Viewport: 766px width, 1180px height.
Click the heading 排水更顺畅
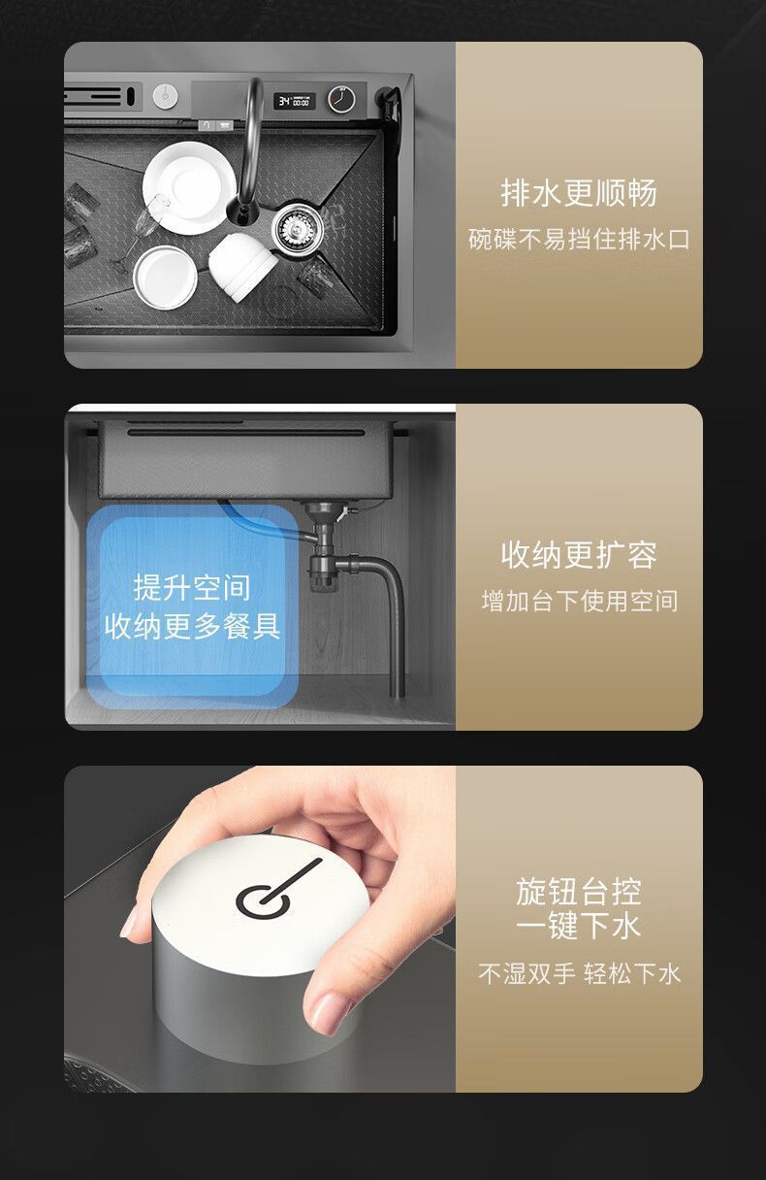pyautogui.click(x=579, y=193)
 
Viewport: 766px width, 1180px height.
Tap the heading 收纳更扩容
pyautogui.click(x=579, y=555)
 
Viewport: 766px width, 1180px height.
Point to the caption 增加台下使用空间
pyautogui.click(x=579, y=602)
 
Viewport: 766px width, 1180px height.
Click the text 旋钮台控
pyautogui.click(x=579, y=890)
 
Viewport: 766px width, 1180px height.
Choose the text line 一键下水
pyautogui.click(x=579, y=926)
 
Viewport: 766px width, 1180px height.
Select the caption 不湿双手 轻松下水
pyautogui.click(x=579, y=973)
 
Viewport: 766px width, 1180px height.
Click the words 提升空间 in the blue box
pyautogui.click(x=192, y=587)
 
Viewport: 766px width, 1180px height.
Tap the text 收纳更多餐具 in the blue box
pyautogui.click(x=192, y=627)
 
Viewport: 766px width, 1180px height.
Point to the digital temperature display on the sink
pyautogui.click(x=294, y=100)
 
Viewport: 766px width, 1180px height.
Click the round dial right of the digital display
pyautogui.click(x=341, y=99)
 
